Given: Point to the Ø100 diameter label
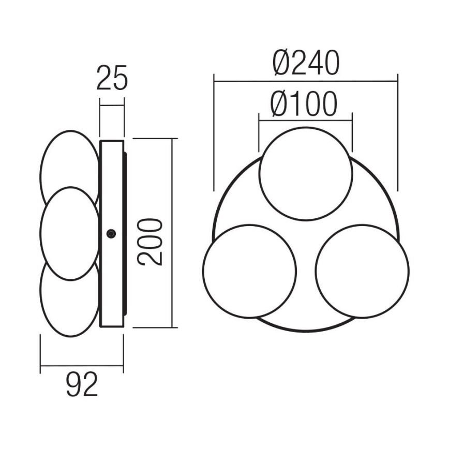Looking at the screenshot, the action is [304, 104].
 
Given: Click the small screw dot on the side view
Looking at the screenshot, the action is [110, 234].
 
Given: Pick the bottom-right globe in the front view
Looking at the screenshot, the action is [362, 271].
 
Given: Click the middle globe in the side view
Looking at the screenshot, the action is [69, 233].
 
